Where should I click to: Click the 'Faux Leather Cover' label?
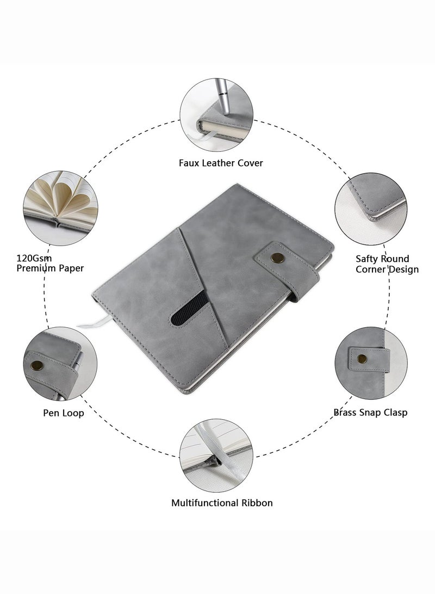point(221,163)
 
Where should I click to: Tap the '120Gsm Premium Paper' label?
point(50,264)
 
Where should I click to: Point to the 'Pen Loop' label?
point(63,413)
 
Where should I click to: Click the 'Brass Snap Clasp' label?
point(370,413)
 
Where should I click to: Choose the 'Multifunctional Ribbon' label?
point(222,503)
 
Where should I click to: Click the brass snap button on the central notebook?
point(277,258)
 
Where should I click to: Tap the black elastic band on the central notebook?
point(190,310)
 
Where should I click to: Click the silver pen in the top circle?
point(223,96)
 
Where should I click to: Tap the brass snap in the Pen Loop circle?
point(36,365)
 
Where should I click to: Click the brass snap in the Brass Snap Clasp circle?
point(362,359)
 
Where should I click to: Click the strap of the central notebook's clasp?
point(287,270)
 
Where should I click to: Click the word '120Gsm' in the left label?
point(34,259)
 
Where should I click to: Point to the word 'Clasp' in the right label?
point(396,413)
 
